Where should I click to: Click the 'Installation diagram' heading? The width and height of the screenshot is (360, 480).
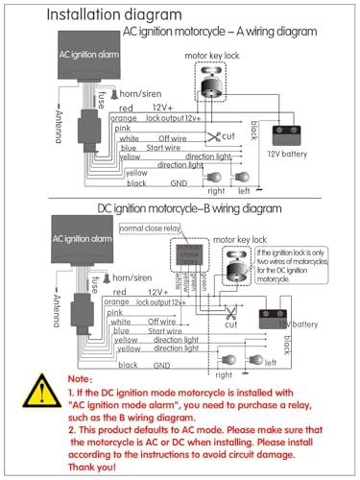pyautogui.click(x=100, y=14)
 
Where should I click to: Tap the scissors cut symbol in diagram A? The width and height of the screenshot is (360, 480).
pyautogui.click(x=217, y=136)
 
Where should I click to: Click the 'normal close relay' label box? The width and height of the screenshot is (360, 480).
pyautogui.click(x=150, y=228)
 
